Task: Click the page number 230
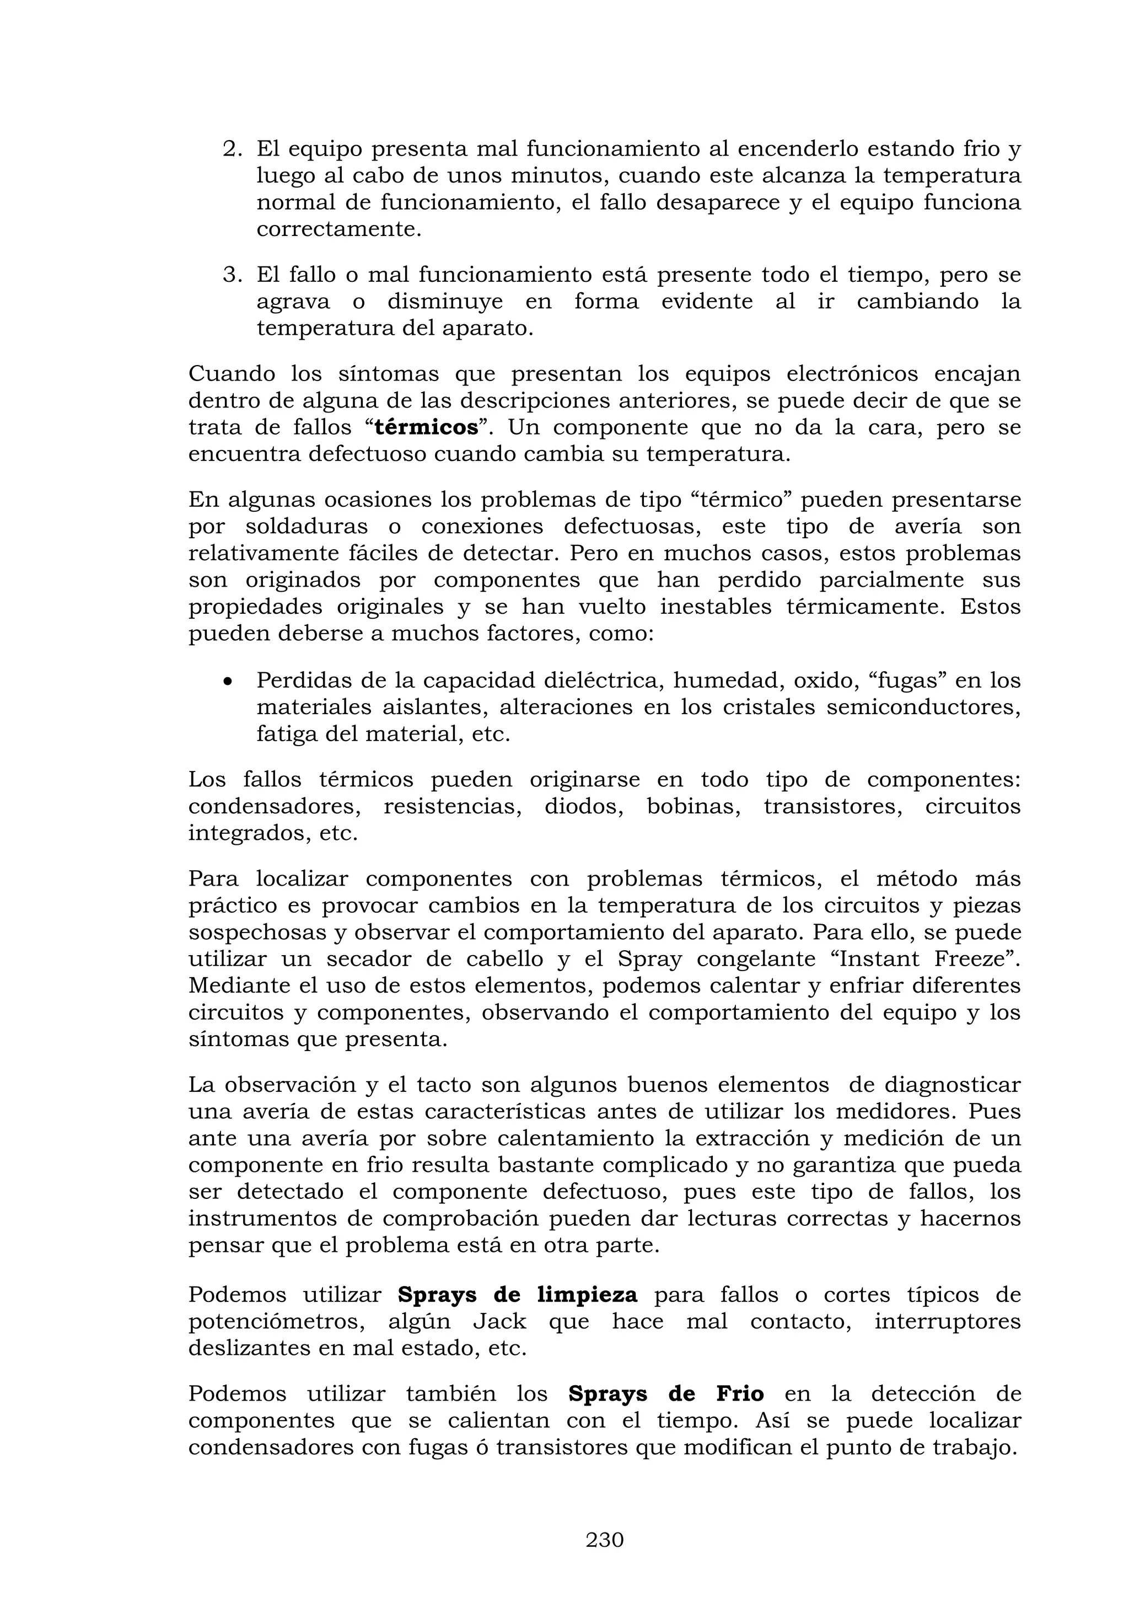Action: pyautogui.click(x=604, y=1540)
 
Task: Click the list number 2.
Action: pyautogui.click(x=232, y=149)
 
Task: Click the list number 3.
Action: pyautogui.click(x=232, y=275)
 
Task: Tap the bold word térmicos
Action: pyautogui.click(x=426, y=427)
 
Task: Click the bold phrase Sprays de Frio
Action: pyautogui.click(x=665, y=1395)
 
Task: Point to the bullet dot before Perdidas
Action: pyautogui.click(x=227, y=681)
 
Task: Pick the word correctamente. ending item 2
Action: pyautogui.click(x=338, y=229)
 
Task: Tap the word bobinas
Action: pyautogui.click(x=693, y=806)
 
